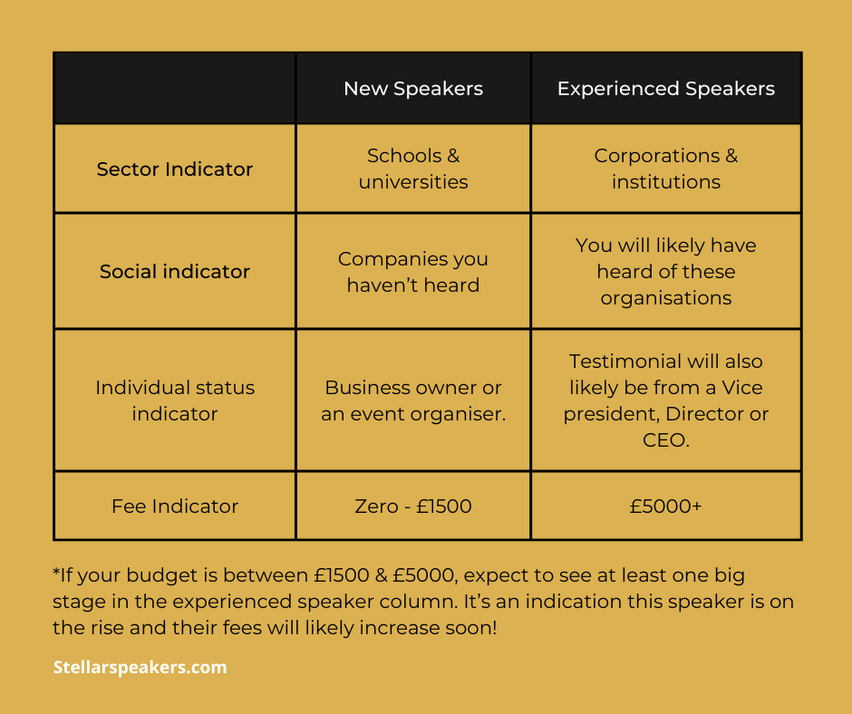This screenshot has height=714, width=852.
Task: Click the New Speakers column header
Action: point(413,89)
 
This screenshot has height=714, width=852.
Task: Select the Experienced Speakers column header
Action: point(666,89)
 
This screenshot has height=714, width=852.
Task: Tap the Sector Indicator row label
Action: point(175,169)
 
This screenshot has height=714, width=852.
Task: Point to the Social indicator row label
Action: point(175,272)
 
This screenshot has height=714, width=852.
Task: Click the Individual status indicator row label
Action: point(175,400)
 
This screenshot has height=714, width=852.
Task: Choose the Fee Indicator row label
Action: point(175,506)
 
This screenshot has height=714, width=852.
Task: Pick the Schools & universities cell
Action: point(413,169)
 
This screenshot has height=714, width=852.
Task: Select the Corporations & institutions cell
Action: point(666,169)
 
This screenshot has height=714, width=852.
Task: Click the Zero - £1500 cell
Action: point(413,506)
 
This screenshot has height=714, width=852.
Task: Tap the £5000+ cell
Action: point(666,506)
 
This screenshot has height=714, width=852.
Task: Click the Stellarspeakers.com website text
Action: point(140,668)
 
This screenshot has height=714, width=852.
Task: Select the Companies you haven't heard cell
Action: point(413,272)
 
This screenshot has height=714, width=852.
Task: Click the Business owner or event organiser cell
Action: point(413,400)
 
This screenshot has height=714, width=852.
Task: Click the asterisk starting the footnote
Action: point(56,574)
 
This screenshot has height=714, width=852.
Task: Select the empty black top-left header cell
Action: point(175,89)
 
